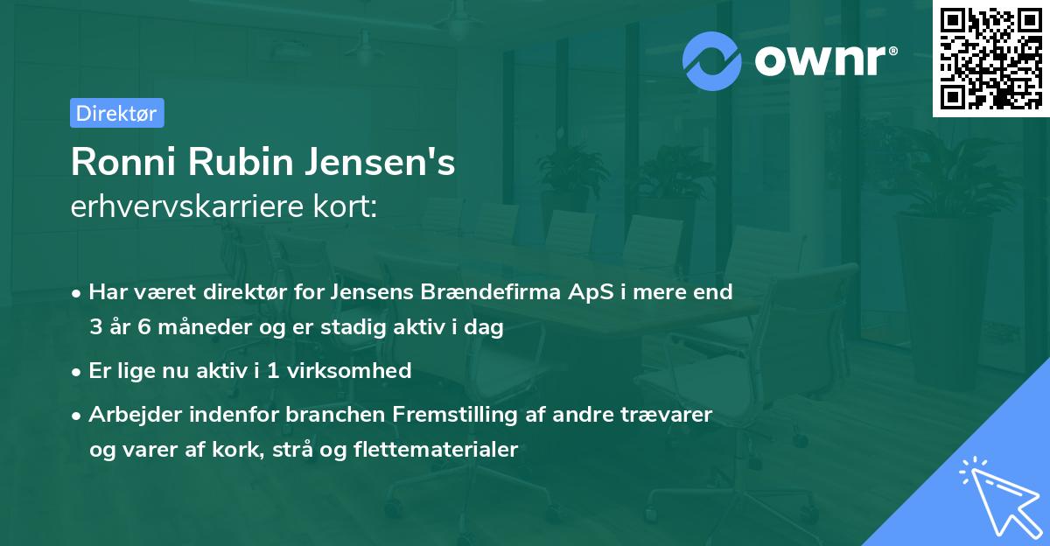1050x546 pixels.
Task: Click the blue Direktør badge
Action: [116, 113]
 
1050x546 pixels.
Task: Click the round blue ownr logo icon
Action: [712, 60]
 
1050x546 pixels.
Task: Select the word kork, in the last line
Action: [230, 450]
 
